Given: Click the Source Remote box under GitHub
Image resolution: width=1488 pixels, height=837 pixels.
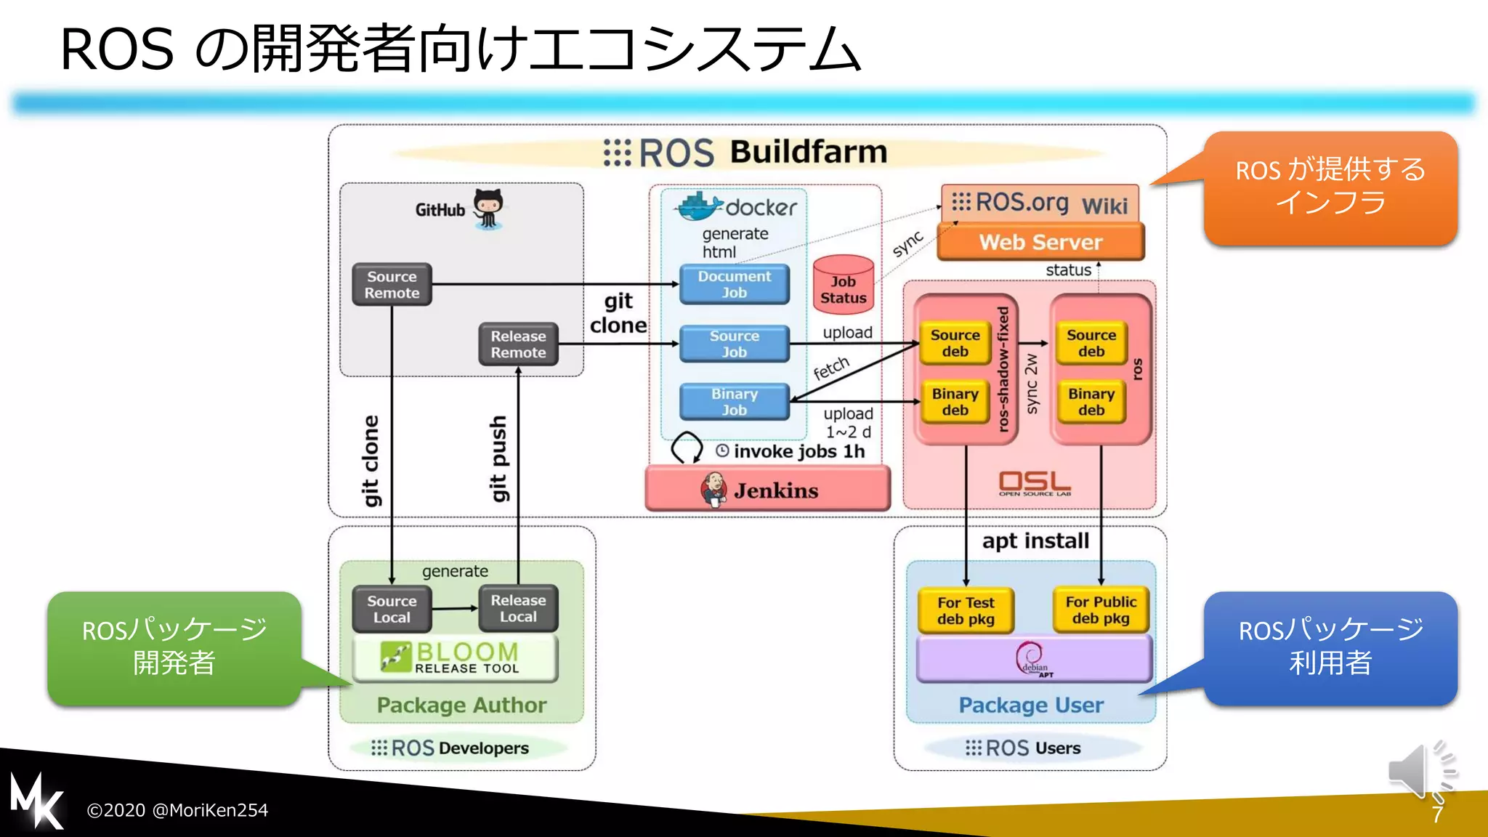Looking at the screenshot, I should click(392, 285).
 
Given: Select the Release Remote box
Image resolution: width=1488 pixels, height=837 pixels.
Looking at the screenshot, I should click(518, 344).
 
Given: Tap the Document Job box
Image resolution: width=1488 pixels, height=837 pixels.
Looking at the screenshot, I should click(734, 284).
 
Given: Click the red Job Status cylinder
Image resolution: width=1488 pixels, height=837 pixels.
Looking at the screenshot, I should click(843, 286).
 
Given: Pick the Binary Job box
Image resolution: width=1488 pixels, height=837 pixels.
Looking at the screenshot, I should click(734, 402).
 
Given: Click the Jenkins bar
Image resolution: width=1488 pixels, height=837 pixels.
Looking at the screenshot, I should click(767, 490).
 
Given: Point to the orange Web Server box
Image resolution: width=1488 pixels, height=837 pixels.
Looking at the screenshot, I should click(1040, 242).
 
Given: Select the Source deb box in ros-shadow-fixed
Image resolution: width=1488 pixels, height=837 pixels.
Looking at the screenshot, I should click(955, 343).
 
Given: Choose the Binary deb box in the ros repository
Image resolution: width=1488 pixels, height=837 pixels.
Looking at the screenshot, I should click(1091, 402).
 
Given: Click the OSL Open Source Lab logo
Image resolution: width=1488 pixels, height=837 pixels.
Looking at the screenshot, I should click(1034, 483).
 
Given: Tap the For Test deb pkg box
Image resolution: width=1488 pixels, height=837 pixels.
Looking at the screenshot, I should click(965, 610).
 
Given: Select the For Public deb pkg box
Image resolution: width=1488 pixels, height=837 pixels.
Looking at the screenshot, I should click(1101, 610).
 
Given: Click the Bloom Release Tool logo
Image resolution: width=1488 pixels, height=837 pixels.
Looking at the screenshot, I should click(456, 658).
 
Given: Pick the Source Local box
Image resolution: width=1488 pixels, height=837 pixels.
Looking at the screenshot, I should click(392, 609).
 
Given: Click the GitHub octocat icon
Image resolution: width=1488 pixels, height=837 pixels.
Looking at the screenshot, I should click(488, 209).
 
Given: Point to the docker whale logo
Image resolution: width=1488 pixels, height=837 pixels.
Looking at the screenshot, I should click(700, 207).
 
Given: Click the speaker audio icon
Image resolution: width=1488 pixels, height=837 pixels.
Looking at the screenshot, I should click(1417, 772).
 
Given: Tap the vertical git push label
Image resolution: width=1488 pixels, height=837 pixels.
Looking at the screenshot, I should click(498, 458).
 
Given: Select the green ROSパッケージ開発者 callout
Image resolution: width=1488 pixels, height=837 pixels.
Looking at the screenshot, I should click(174, 647).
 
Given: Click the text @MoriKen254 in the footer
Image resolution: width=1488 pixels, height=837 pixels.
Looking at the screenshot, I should click(210, 810).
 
